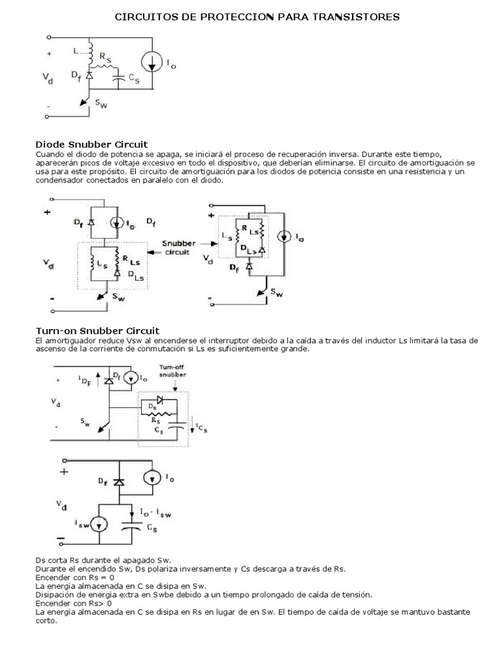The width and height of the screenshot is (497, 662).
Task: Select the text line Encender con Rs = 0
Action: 75,577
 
